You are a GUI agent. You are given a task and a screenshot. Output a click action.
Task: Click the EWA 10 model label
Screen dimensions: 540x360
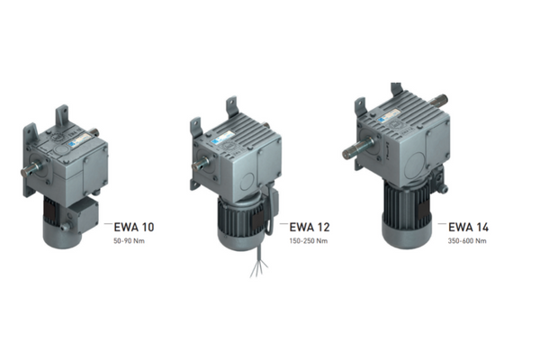pos(134,227)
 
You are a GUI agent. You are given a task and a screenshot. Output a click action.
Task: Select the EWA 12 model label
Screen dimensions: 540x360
pos(310,227)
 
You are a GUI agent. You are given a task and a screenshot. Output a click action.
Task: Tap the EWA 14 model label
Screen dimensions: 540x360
pos(468,227)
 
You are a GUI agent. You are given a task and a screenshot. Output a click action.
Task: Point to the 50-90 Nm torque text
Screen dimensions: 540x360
pos(129,241)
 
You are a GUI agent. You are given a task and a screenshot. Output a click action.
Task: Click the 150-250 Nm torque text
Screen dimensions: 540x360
pos(308,241)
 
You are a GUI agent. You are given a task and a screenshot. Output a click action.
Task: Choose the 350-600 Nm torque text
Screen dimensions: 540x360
pos(467,241)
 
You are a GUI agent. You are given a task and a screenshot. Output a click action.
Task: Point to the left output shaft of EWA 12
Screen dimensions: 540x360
pos(201,163)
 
